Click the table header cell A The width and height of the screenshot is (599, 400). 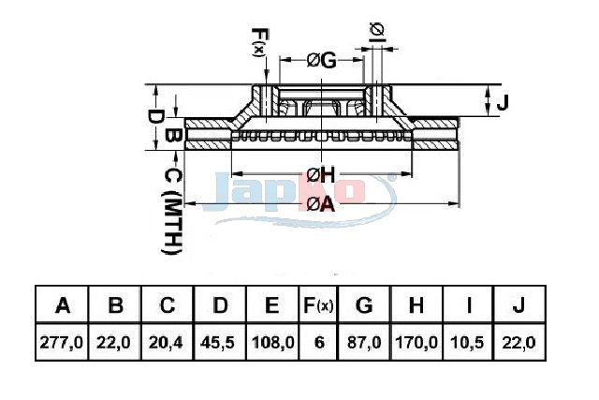(x=63, y=305)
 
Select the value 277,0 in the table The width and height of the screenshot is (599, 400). (x=61, y=342)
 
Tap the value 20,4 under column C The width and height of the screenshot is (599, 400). (x=166, y=342)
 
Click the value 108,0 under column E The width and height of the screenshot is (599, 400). (x=273, y=342)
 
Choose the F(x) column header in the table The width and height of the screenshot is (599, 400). (x=318, y=305)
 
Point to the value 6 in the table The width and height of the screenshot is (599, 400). (x=319, y=342)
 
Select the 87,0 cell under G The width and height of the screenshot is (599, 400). (x=364, y=342)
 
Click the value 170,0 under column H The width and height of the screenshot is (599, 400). (x=416, y=342)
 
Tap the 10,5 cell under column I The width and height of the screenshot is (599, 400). (x=468, y=342)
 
